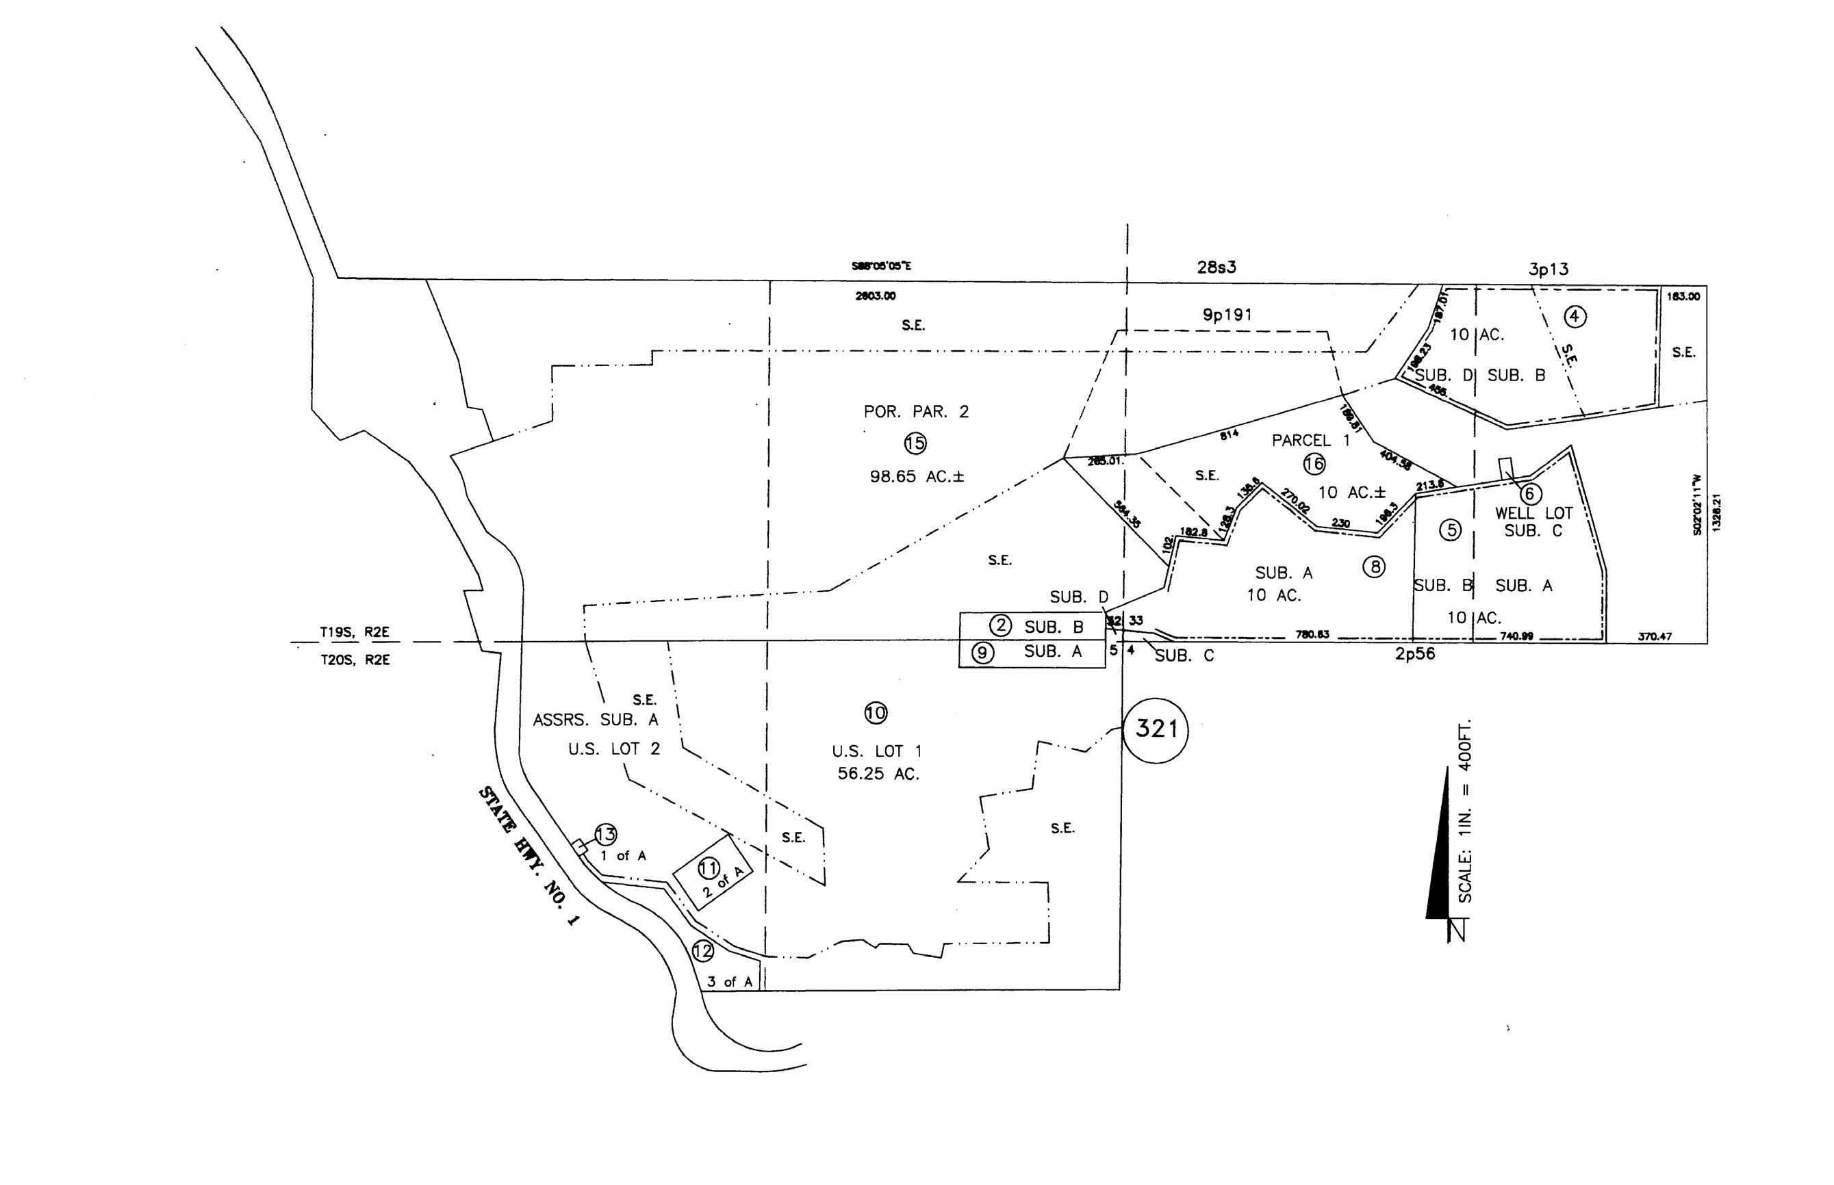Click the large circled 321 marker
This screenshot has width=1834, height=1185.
1155,729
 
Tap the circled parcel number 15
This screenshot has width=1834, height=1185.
915,443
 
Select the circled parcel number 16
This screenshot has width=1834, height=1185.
1314,463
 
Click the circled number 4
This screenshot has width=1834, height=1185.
1575,315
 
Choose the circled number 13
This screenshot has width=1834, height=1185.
605,834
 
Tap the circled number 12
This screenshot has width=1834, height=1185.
702,951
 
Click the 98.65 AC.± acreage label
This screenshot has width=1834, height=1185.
916,476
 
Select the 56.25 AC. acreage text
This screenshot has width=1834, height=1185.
878,774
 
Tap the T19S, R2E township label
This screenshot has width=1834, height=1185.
355,632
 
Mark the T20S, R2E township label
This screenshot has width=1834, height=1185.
355,660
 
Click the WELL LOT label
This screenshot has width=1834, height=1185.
1533,512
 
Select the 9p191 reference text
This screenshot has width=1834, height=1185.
1227,314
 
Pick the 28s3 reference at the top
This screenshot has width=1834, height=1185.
1217,267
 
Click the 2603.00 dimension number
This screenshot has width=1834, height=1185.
876,296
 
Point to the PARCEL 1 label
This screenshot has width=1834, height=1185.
1310,440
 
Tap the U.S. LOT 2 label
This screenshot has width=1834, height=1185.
613,748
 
